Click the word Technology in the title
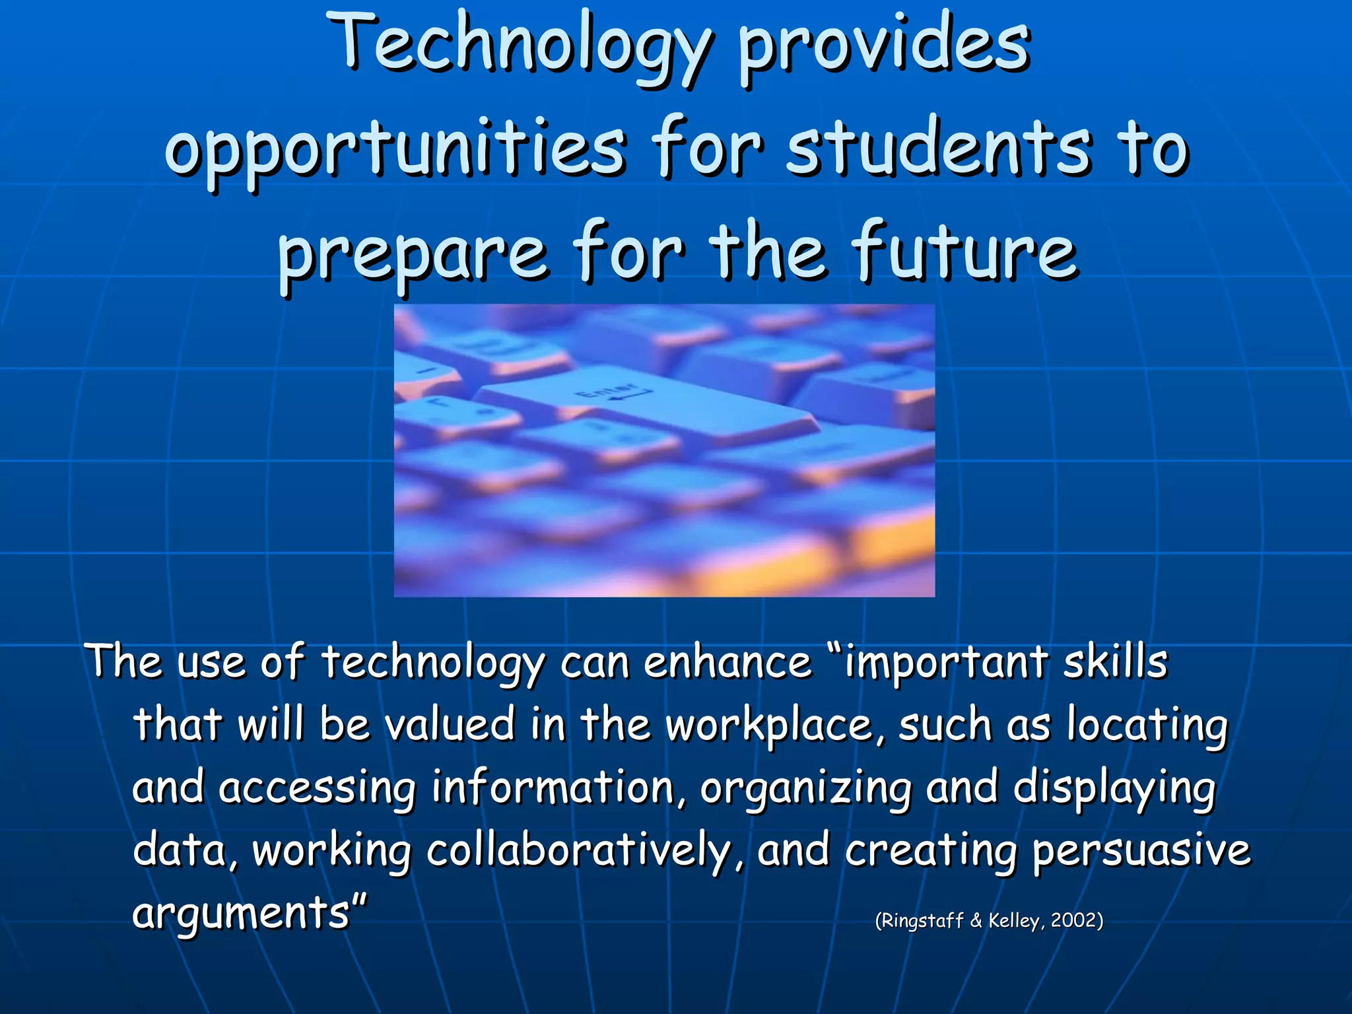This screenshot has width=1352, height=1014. pos(522,46)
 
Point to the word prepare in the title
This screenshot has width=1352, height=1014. pos(413,254)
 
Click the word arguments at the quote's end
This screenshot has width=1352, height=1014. pos(242,914)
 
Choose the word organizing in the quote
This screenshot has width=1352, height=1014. pos(805,790)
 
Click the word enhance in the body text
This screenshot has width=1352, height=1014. pos(727,663)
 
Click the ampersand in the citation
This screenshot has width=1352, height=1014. pos(976,920)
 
